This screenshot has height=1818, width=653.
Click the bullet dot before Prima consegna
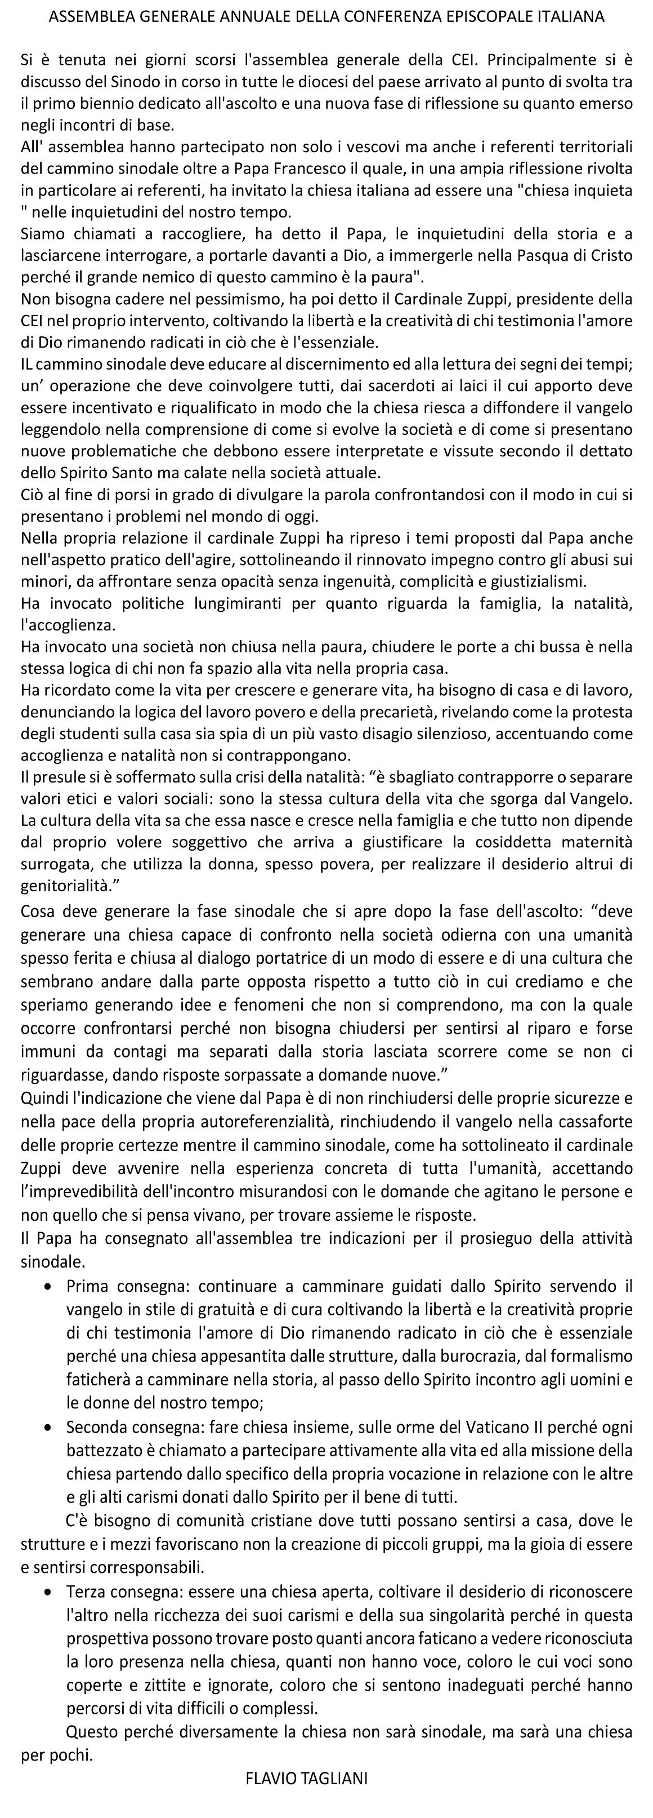tap(47, 1287)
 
